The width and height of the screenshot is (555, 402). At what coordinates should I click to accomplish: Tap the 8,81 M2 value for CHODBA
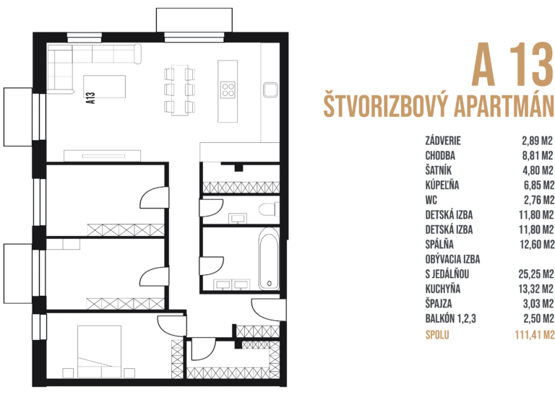537,155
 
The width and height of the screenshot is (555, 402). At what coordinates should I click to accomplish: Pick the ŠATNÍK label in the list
439,170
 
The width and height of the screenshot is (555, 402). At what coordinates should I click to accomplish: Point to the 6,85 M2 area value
537,185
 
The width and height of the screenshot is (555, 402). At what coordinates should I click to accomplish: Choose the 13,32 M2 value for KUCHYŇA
535,289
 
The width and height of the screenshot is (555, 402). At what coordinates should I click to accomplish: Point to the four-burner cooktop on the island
229,90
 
